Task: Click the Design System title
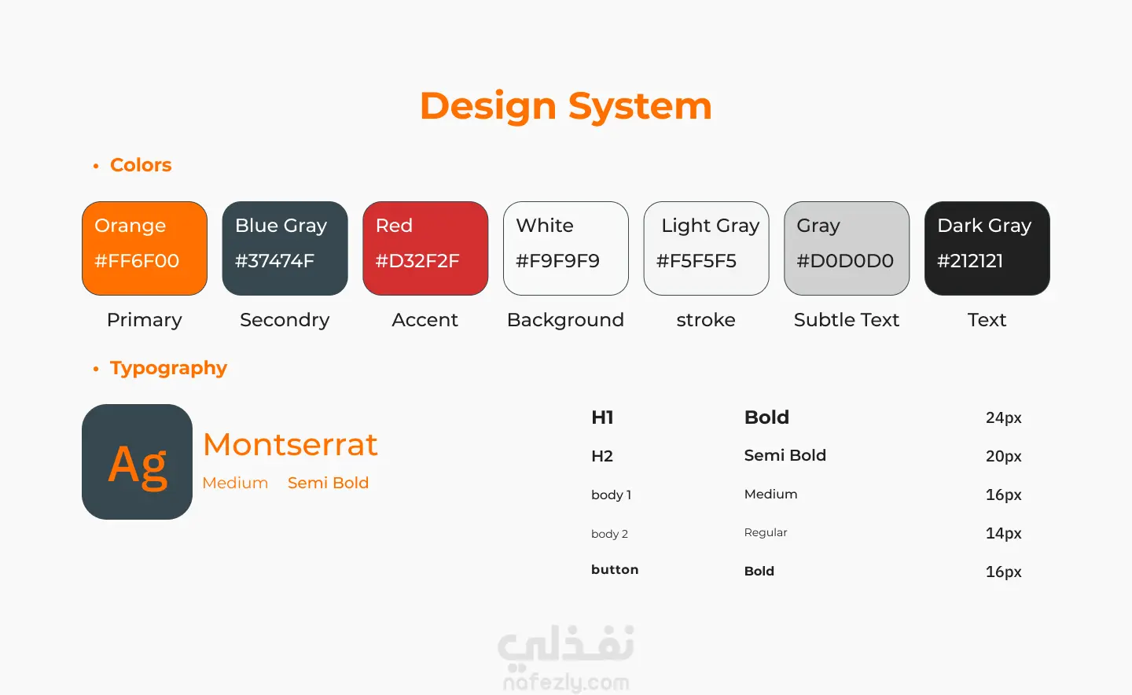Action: [x=566, y=107]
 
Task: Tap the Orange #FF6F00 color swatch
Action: [x=145, y=248]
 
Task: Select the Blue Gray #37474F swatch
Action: [x=285, y=248]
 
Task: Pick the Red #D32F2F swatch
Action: [x=425, y=248]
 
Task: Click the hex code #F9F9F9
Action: [x=557, y=261]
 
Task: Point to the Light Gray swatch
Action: [x=707, y=248]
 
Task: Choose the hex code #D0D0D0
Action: [x=845, y=261]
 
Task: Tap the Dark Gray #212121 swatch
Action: [x=987, y=248]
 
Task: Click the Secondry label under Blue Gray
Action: [x=285, y=320]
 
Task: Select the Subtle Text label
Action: [x=847, y=320]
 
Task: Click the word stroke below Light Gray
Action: [x=706, y=320]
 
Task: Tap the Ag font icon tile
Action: [x=137, y=461]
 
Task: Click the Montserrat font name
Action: [x=290, y=444]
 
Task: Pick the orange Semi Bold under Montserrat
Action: [x=328, y=483]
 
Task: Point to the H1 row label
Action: [x=602, y=417]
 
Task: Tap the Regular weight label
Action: [x=766, y=533]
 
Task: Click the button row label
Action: [x=615, y=570]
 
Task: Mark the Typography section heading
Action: [x=168, y=369]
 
